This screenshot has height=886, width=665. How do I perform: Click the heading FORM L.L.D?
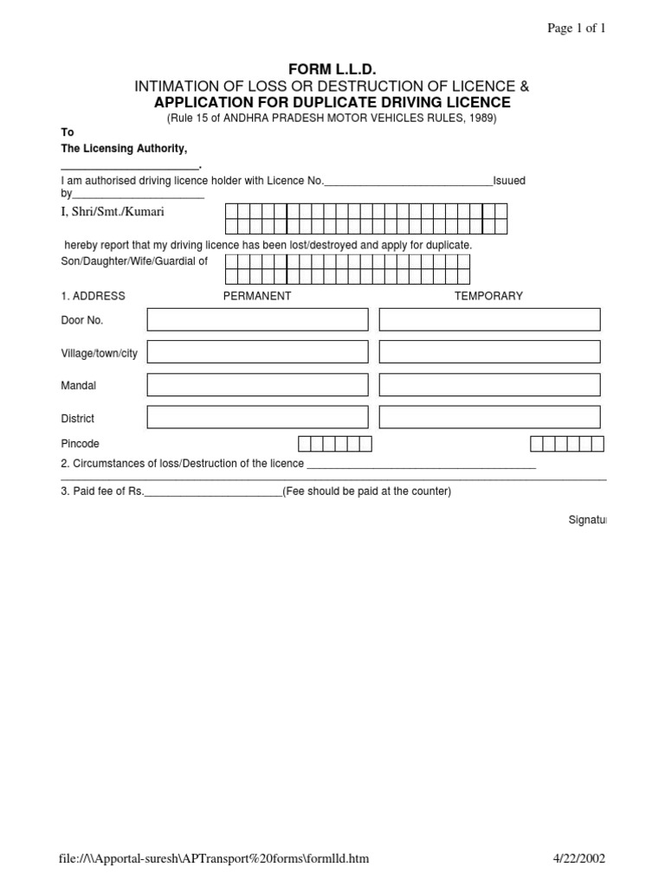click(x=332, y=69)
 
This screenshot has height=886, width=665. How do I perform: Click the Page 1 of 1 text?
click(x=576, y=29)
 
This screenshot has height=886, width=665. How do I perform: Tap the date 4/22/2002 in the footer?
click(x=579, y=859)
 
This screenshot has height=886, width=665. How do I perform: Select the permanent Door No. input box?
click(x=257, y=319)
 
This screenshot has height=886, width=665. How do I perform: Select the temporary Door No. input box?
click(x=489, y=319)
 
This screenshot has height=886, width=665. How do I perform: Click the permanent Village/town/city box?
click(x=257, y=352)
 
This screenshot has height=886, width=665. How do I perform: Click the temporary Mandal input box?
click(x=489, y=385)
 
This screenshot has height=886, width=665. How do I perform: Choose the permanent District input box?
click(x=257, y=418)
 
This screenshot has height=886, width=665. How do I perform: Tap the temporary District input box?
click(x=489, y=418)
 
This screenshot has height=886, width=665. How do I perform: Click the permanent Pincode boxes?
click(x=335, y=444)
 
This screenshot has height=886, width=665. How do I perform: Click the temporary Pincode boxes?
click(x=566, y=444)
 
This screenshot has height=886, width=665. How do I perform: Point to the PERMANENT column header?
click(x=257, y=296)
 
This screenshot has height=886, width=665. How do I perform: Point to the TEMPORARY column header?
click(x=488, y=296)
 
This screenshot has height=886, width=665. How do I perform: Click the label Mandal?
click(x=78, y=386)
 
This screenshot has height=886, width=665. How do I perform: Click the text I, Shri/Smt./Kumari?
click(x=113, y=211)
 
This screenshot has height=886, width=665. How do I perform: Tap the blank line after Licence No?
click(x=408, y=182)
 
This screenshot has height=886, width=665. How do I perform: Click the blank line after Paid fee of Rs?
click(x=213, y=492)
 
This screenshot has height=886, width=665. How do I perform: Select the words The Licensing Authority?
click(x=124, y=149)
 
